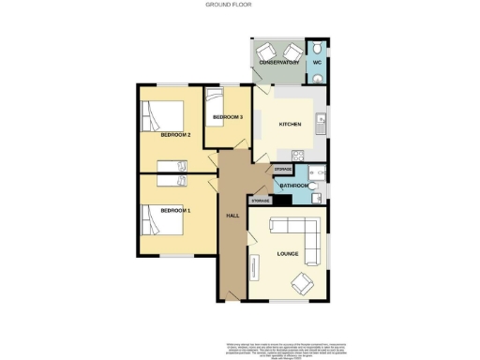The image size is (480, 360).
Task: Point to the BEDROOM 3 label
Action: (x=228, y=117)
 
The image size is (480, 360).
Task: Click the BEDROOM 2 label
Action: (x=175, y=135)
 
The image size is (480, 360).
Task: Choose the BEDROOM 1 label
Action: (x=175, y=210)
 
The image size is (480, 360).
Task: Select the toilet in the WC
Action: (x=318, y=50)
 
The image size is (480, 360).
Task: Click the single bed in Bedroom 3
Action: (x=215, y=100)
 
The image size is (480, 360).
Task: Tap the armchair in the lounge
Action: (x=302, y=282)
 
